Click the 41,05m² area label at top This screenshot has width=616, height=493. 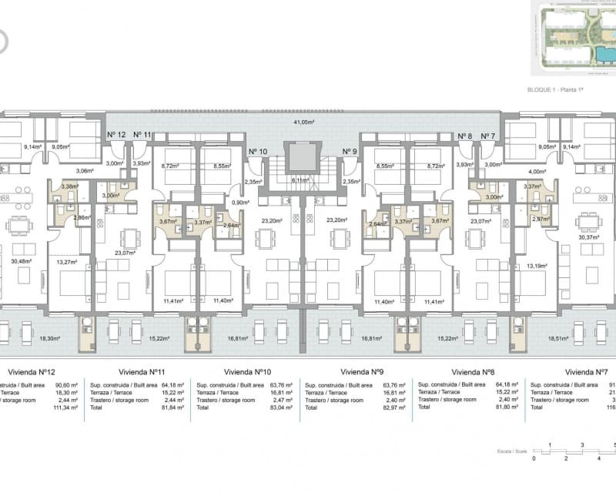[307, 122]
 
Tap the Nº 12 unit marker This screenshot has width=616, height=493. [115, 135]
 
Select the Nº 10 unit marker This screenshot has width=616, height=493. [258, 152]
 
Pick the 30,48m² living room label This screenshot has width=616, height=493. [22, 260]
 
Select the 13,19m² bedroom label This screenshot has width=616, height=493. [537, 266]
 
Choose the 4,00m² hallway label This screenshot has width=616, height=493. [536, 172]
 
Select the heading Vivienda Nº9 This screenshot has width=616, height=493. [362, 370]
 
